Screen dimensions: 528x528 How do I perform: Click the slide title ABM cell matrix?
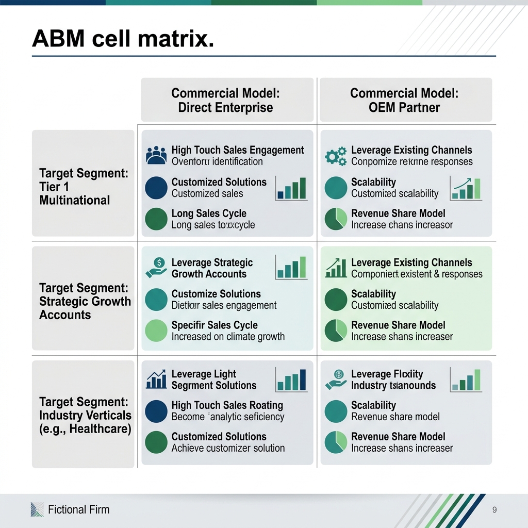[123, 39]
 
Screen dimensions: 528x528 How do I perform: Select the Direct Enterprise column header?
[225, 100]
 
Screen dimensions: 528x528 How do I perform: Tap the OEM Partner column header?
[404, 100]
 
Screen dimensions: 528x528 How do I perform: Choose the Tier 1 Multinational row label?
[84, 186]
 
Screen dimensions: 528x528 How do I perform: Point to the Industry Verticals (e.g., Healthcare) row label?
[85, 415]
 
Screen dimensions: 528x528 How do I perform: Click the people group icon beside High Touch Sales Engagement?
[157, 155]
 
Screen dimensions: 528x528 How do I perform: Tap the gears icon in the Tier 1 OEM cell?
[336, 156]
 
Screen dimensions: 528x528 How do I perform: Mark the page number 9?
[494, 510]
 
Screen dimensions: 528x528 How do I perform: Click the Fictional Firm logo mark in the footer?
[37, 509]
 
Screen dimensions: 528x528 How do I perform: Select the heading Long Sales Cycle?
[209, 213]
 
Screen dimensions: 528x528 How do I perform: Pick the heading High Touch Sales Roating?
[227, 405]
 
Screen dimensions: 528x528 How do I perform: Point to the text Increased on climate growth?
[228, 337]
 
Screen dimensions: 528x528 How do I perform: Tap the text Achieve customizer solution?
[228, 448]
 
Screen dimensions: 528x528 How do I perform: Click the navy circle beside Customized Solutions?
[157, 188]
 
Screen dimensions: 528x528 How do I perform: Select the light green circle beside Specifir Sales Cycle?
[157, 331]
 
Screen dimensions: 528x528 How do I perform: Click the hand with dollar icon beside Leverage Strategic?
[157, 267]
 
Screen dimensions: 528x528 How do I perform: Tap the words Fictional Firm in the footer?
[78, 509]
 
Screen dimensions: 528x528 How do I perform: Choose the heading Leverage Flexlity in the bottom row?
[387, 374]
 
